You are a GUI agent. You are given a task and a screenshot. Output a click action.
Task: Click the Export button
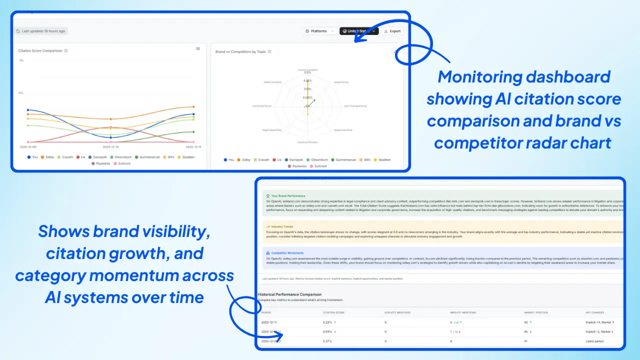pos(392,31)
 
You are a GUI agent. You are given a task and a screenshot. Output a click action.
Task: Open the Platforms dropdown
pos(320,31)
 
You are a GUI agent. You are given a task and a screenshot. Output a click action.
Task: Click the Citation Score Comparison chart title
pos(40,50)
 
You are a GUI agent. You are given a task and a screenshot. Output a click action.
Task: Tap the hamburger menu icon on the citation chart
pos(198,48)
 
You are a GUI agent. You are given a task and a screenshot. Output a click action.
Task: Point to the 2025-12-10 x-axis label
pos(110,147)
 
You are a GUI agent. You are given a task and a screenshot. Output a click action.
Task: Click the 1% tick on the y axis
pos(21,60)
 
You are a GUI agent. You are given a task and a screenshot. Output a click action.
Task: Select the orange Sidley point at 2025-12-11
pos(193,106)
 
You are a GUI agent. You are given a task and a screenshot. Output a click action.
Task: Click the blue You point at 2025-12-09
pos(28,110)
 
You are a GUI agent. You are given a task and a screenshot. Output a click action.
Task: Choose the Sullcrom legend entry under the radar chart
pos(318,166)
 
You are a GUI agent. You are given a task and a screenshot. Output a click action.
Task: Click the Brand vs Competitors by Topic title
pos(240,51)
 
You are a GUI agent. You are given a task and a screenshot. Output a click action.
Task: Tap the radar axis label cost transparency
pos(355,106)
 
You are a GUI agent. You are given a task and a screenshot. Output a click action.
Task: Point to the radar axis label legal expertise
pos(272,130)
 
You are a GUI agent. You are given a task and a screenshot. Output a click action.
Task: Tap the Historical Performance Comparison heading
pos(289,294)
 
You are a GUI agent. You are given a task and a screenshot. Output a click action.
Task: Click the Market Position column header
pos(535,312)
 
